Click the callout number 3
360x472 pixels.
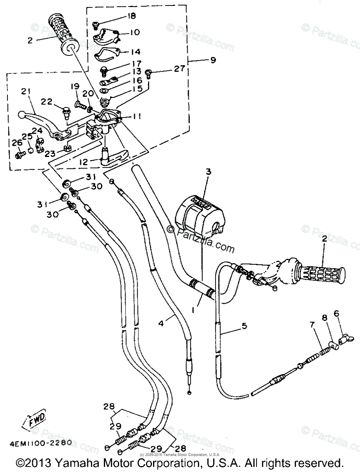coord(209,172)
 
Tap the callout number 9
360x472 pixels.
coord(213,60)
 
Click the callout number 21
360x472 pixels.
coord(26,92)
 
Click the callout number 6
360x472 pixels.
coord(336,313)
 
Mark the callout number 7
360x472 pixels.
coord(312,324)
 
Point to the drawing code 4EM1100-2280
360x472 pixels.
coord(39,442)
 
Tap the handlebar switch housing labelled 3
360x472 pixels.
coord(197,212)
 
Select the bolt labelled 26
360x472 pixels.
coord(18,155)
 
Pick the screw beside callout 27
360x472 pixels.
coord(149,73)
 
